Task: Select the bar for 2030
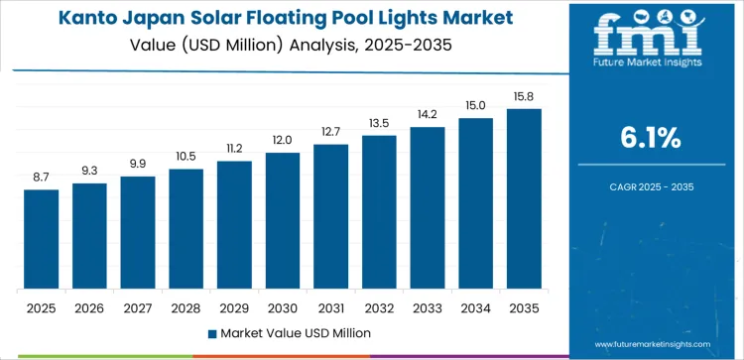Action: (283, 220)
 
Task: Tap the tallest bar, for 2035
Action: (524, 198)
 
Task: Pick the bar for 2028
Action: (186, 229)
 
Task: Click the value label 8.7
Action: (42, 177)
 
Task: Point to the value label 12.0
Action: (283, 140)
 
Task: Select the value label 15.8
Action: (524, 96)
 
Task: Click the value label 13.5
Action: (379, 123)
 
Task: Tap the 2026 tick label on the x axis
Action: (89, 307)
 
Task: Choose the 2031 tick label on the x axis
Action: (330, 307)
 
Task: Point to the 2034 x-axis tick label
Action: (475, 307)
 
